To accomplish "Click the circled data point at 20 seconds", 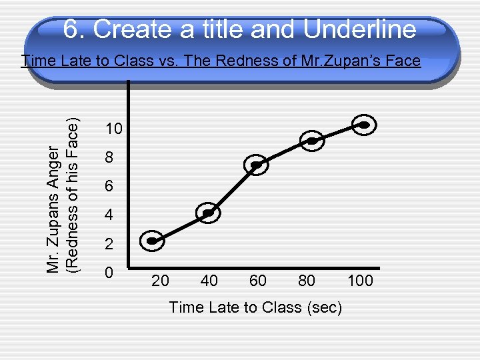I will pyautogui.click(x=153, y=241).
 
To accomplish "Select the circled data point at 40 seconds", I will pyautogui.click(x=209, y=213).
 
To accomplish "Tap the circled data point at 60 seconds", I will pyautogui.click(x=255, y=164).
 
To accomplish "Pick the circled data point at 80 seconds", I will pyautogui.click(x=311, y=140).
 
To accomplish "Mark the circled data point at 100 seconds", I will pyautogui.click(x=364, y=125).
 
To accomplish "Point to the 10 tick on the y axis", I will pyautogui.click(x=114, y=129).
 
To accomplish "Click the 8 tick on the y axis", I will pyautogui.click(x=109, y=159).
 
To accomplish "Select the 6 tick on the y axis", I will pyautogui.click(x=109, y=188).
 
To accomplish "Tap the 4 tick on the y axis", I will pyautogui.click(x=109, y=217).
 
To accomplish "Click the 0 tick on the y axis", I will pyautogui.click(x=109, y=273).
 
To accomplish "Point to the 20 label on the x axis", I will pyautogui.click(x=160, y=281).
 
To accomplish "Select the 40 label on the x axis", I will pyautogui.click(x=209, y=281).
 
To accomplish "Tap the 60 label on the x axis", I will pyautogui.click(x=258, y=281).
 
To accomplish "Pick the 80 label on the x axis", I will pyautogui.click(x=307, y=281).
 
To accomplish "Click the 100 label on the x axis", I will pyautogui.click(x=360, y=281).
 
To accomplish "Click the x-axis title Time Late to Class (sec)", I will pyautogui.click(x=255, y=307).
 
